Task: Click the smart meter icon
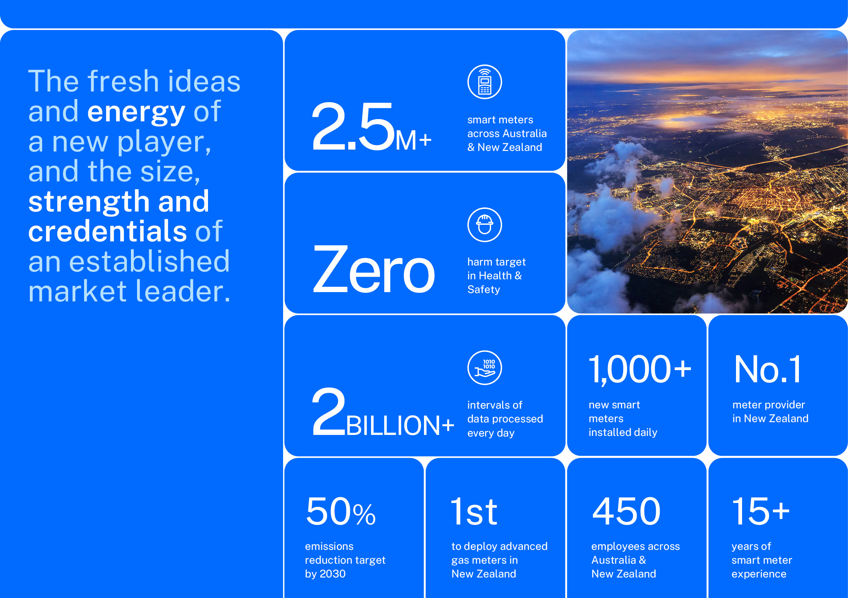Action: pos(485,82)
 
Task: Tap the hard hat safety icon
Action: pos(485,225)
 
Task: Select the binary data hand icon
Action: pos(485,368)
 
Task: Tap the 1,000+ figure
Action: pos(640,369)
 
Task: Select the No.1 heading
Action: pos(767,369)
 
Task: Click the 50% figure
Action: pos(341,511)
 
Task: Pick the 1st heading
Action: pos(474,511)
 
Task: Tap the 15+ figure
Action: pos(760,511)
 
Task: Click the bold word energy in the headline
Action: pos(136,112)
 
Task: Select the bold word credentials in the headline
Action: pos(108,231)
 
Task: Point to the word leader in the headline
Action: pos(183,291)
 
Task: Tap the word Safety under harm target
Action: pos(483,290)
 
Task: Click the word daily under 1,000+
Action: pos(645,432)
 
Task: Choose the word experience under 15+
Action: pos(759,574)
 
